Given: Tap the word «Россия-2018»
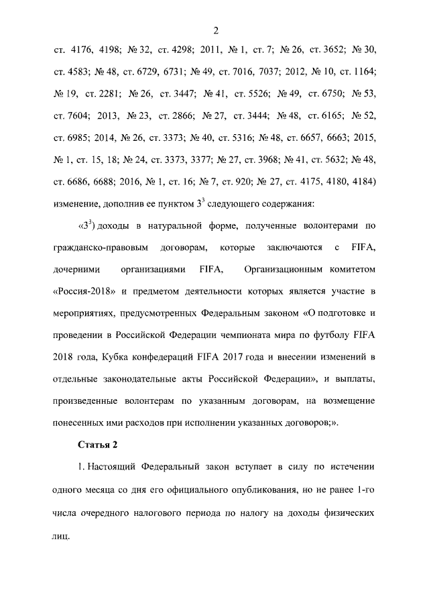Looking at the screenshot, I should tap(82, 292).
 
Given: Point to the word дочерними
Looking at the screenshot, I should tap(75, 270).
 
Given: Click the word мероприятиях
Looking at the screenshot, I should tap(82, 315).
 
